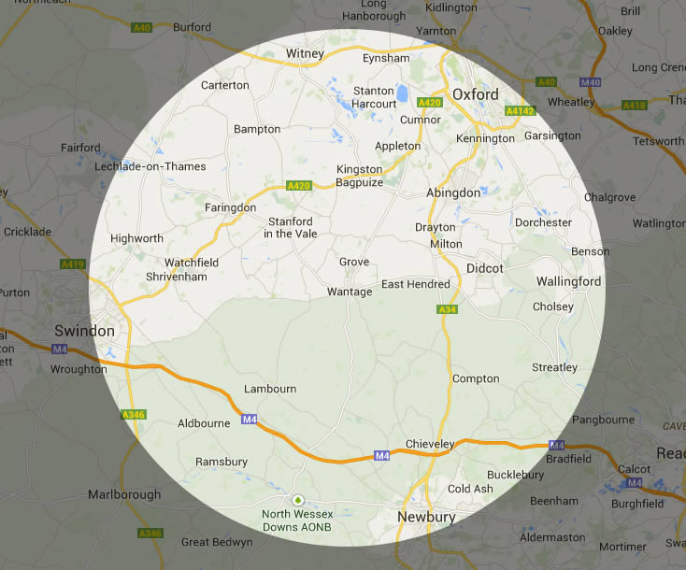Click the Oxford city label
point(475,94)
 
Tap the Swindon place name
point(84,331)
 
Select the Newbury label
point(426,517)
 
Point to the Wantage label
point(349,292)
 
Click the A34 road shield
point(446,309)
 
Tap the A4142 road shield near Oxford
point(519,111)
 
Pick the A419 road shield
point(73,264)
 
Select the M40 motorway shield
point(590,82)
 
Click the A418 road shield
point(635,106)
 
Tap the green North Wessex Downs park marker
point(298,500)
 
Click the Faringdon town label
point(230,207)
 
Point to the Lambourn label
point(269,389)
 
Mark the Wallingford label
point(568,281)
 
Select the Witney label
point(306,53)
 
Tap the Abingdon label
point(452,192)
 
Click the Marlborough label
point(125,493)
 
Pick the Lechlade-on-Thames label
point(150,166)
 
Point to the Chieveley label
point(430,443)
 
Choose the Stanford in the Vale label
point(290,227)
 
